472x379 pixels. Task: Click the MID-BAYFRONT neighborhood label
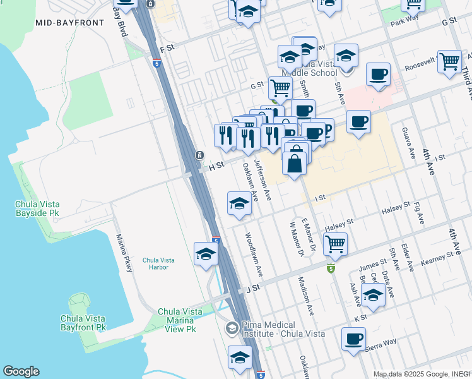click(x=69, y=22)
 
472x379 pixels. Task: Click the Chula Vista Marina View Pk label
click(x=180, y=320)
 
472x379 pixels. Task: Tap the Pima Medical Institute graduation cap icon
click(x=232, y=328)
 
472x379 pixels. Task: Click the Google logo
click(x=21, y=371)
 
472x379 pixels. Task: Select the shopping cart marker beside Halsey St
click(x=336, y=243)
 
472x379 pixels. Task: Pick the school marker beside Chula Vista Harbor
click(x=206, y=254)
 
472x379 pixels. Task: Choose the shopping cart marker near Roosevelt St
click(x=449, y=62)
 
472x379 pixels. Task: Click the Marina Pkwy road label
click(x=124, y=253)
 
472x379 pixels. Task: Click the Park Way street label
click(x=404, y=22)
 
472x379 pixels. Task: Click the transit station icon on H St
click(x=199, y=155)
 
